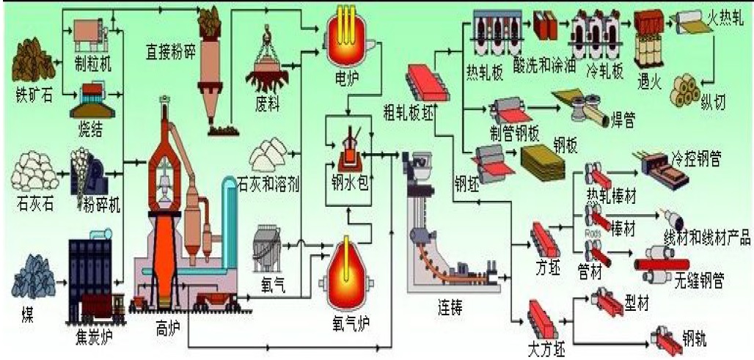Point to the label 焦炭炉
[x=93, y=340]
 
